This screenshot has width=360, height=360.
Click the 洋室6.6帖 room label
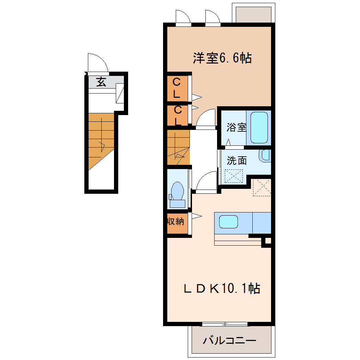222,58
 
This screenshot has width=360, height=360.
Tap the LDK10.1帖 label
222,288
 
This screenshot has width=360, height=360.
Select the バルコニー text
229,340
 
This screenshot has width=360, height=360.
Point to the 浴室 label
236,127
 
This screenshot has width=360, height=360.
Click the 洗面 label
237,161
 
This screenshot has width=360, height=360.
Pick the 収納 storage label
176,221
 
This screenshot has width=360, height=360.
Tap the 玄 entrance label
101,82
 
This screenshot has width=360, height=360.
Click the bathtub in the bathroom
259,128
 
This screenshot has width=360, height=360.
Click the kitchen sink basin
228,222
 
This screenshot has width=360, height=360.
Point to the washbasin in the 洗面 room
265,155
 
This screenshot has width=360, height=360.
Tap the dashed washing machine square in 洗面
234,176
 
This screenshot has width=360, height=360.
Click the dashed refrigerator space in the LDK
262,187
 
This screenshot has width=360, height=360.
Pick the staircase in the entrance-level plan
101,142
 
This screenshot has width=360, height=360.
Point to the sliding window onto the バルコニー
225,324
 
